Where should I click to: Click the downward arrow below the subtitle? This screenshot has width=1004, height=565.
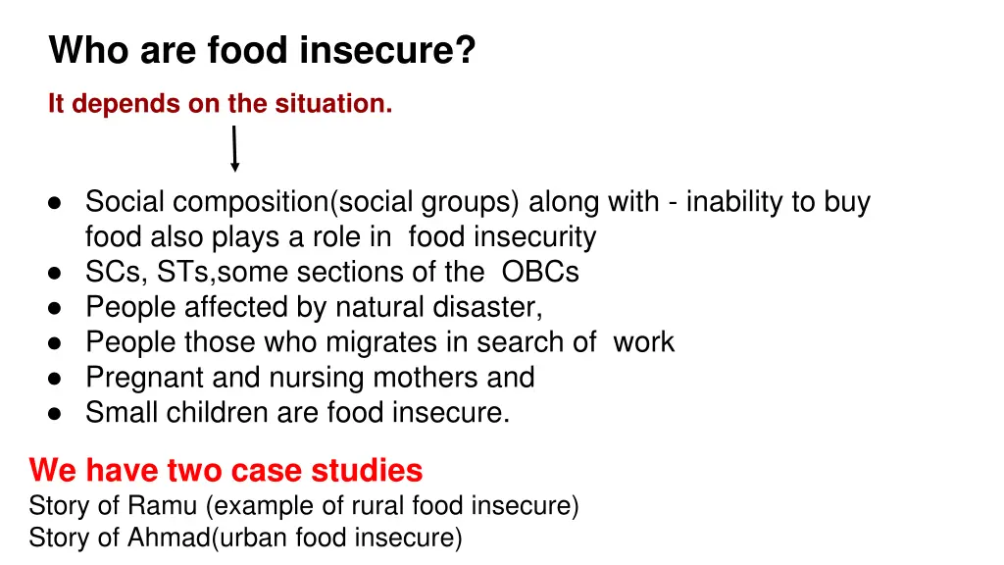point(234,149)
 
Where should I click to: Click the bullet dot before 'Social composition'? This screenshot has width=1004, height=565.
point(55,203)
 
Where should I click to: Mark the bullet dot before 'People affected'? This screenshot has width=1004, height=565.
point(55,308)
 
